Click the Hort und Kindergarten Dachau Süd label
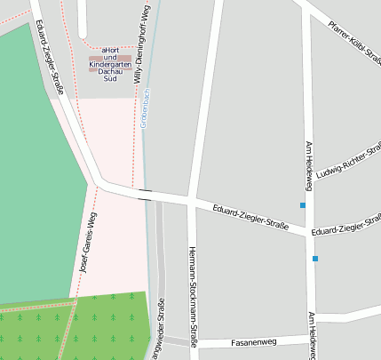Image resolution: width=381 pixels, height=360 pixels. pos(110,64)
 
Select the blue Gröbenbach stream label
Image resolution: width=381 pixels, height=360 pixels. pos(145,109)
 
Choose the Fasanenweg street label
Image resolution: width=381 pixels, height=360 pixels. pos(254,341)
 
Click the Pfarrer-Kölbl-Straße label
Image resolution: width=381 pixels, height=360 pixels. pos(354,39)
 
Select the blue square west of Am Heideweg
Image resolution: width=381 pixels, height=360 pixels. pos(303,205)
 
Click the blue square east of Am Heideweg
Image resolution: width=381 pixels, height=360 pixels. pos(315,259)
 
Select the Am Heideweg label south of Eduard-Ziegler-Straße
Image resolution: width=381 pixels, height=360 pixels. pos(312,335)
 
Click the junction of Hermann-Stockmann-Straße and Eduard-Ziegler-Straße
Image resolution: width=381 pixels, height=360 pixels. pos(192,202)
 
